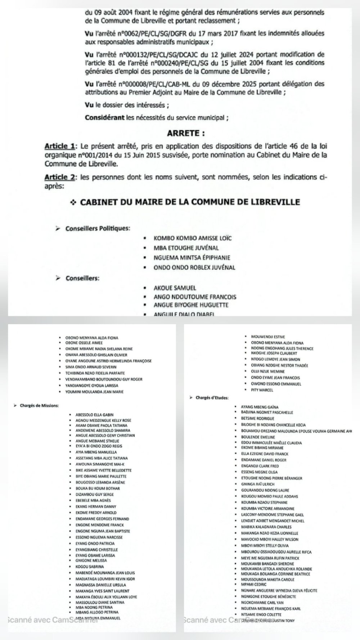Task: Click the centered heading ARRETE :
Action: tap(186, 133)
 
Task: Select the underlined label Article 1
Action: tap(59, 146)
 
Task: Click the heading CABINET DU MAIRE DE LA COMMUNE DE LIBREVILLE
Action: tap(190, 202)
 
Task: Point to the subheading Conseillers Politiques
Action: tap(98, 229)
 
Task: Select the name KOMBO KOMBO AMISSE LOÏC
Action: tap(193, 238)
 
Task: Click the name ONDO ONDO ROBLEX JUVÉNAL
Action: tap(194, 267)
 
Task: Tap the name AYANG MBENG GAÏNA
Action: tap(260, 407)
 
